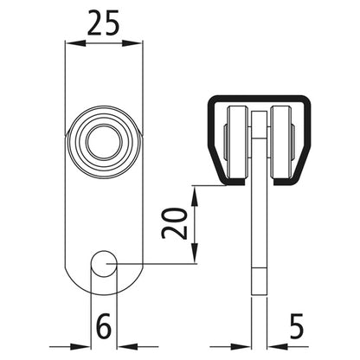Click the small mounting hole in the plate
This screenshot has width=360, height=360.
104,263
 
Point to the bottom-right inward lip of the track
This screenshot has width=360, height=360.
286,182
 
